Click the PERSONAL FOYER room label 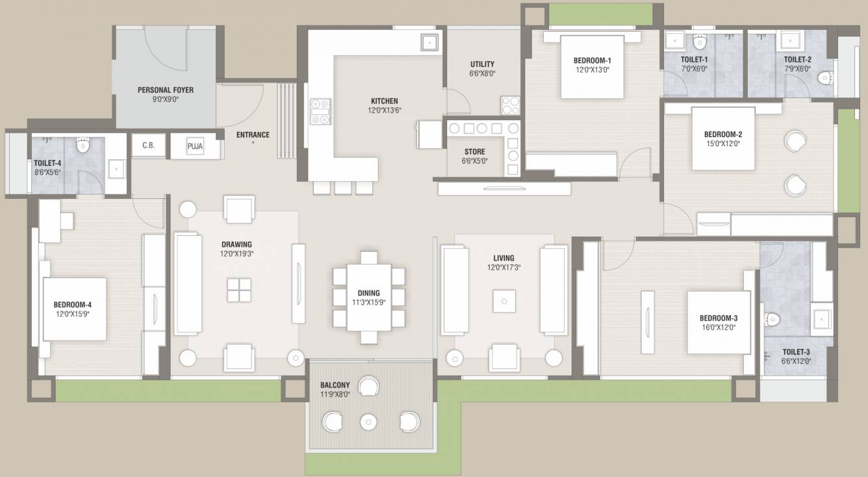click(x=165, y=90)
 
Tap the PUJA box click(x=195, y=146)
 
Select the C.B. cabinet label click(x=148, y=146)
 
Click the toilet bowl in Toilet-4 click(x=83, y=145)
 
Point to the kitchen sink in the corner click(x=429, y=42)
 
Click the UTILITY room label click(x=482, y=64)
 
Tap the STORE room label click(x=474, y=152)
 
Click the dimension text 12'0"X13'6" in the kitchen click(x=384, y=110)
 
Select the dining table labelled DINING click(x=368, y=297)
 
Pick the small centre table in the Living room click(x=504, y=300)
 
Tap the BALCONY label click(x=335, y=385)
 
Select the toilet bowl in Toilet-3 click(x=771, y=319)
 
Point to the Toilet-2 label click(x=797, y=59)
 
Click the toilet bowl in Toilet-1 click(x=700, y=43)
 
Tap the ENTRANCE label click(x=253, y=135)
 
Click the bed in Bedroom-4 click(x=74, y=309)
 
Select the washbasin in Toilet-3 click(x=821, y=320)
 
